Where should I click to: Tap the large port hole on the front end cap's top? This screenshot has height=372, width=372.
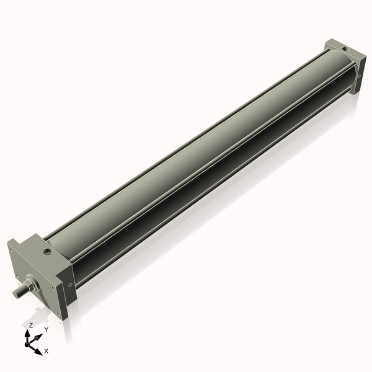tap(47, 252)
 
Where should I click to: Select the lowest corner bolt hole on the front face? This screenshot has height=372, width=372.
tap(58, 314)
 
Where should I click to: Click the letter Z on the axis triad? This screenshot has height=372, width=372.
tap(30, 325)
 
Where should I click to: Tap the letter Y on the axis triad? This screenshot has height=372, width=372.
tap(46, 329)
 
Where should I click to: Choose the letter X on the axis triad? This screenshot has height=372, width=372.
tap(46, 351)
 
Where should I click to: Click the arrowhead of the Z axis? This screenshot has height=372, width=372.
tap(27, 333)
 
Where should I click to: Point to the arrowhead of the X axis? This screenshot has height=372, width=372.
tap(38, 351)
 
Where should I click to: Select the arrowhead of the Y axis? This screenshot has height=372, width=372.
tap(40, 335)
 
